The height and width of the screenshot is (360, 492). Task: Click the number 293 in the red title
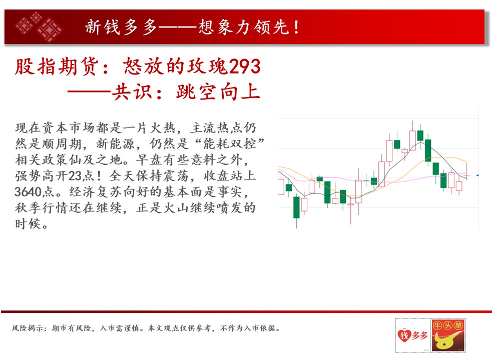click(245, 66)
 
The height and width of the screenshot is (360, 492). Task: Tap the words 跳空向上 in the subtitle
click(218, 92)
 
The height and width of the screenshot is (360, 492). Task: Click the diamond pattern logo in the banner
click(39, 26)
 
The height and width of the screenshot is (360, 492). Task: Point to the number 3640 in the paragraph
click(28, 191)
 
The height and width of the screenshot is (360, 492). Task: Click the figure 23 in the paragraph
click(75, 176)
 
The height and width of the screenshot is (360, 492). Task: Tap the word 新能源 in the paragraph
click(116, 144)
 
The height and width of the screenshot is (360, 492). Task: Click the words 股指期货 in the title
click(57, 66)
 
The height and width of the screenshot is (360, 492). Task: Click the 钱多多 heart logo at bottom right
click(412, 335)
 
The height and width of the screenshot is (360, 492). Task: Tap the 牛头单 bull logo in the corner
click(448, 335)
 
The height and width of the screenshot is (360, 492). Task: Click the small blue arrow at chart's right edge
click(477, 175)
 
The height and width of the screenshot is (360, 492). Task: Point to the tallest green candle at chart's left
click(296, 207)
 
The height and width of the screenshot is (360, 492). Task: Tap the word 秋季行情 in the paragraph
click(42, 208)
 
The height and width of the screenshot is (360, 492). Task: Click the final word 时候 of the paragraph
click(28, 224)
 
